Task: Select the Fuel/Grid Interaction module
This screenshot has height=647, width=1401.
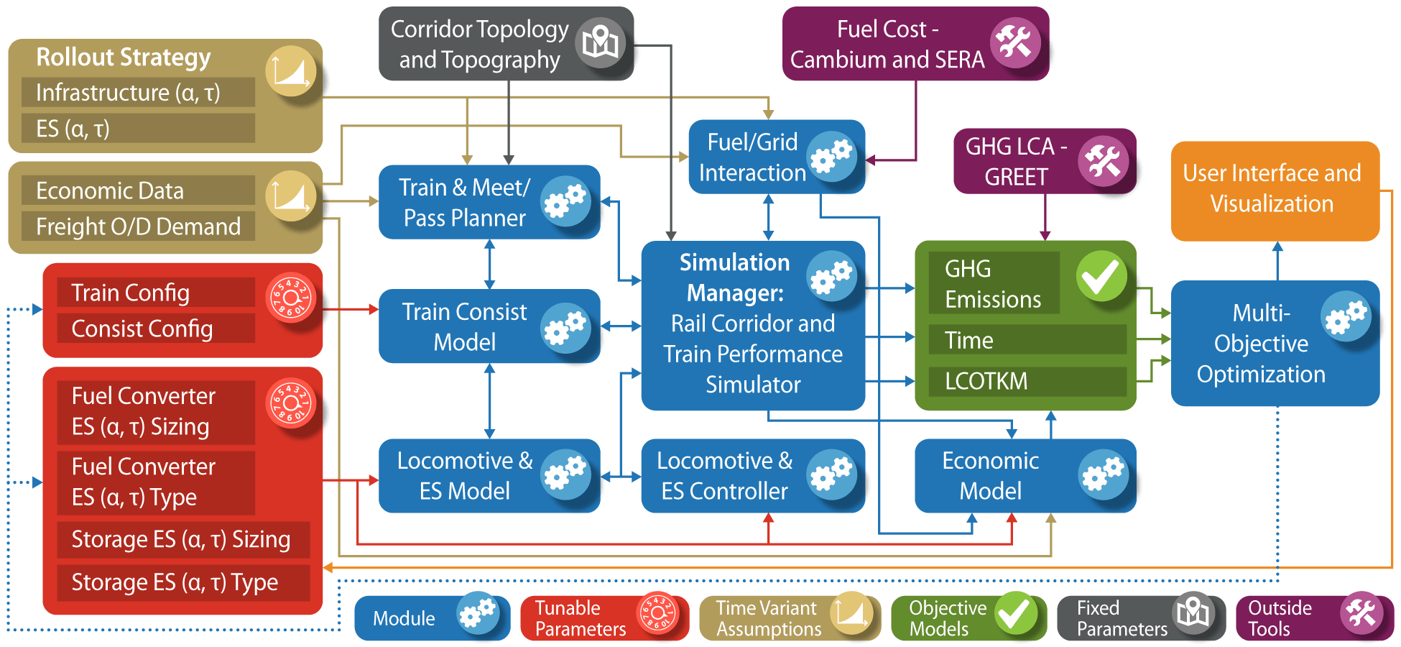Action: click(754, 157)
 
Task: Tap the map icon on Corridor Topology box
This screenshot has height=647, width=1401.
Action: click(601, 42)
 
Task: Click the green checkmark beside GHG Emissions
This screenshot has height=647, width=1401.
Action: click(1100, 276)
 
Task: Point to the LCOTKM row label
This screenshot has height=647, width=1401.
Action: click(986, 381)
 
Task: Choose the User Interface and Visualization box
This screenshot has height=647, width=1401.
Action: click(1272, 189)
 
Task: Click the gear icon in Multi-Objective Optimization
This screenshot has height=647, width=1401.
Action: click(1346, 316)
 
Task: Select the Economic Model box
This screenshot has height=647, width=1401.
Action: click(991, 475)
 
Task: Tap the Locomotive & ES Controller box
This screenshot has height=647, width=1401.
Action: click(726, 475)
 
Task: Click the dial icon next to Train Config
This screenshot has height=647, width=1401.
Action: click(291, 298)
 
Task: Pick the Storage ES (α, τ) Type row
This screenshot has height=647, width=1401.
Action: click(175, 582)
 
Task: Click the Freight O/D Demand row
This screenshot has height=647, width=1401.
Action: click(138, 227)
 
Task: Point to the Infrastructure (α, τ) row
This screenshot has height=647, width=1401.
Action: click(128, 93)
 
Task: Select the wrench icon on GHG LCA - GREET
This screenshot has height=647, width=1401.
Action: click(1103, 161)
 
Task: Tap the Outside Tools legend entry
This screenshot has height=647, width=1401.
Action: click(1314, 618)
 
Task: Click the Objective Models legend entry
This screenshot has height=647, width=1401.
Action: click(967, 618)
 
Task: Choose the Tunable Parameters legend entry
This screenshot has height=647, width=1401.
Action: click(604, 618)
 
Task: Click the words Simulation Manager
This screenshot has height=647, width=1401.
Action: click(734, 277)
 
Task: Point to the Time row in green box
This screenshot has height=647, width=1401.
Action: click(970, 340)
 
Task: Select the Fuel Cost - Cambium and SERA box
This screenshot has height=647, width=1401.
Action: click(888, 44)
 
